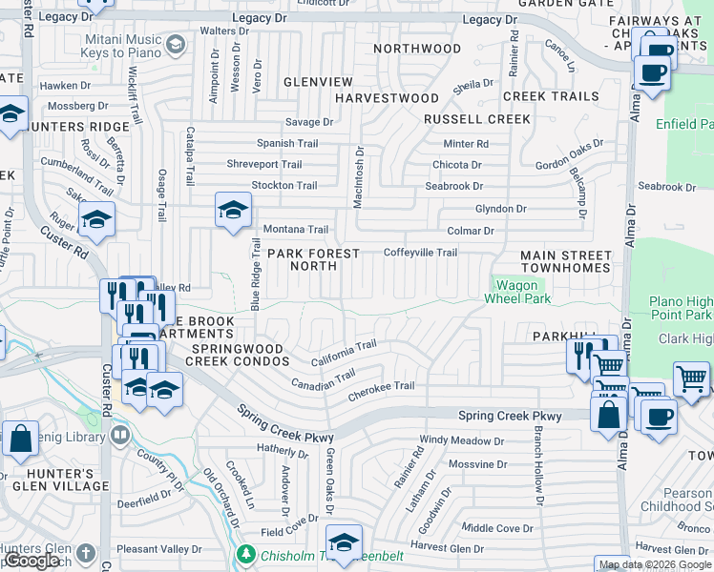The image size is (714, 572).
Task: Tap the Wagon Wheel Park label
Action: click(521, 291)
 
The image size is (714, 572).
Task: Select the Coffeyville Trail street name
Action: click(420, 253)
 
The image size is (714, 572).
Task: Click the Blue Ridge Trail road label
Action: click(255, 275)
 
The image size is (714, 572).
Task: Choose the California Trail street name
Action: click(345, 355)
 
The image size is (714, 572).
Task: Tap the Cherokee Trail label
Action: click(381, 386)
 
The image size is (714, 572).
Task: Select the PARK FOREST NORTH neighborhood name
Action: click(313, 260)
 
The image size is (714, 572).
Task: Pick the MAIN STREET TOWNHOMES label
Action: click(565, 262)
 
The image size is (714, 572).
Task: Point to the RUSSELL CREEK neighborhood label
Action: click(477, 119)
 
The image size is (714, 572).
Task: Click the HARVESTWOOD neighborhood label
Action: click(387, 98)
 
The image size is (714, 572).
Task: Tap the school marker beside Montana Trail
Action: click(232, 212)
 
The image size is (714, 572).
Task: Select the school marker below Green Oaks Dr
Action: click(344, 540)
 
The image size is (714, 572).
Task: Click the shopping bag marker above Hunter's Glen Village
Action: click(20, 439)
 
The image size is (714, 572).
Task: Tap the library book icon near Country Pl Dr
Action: click(120, 436)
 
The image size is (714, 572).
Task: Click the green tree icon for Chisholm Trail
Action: click(246, 554)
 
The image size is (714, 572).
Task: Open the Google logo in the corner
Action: click(31, 561)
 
